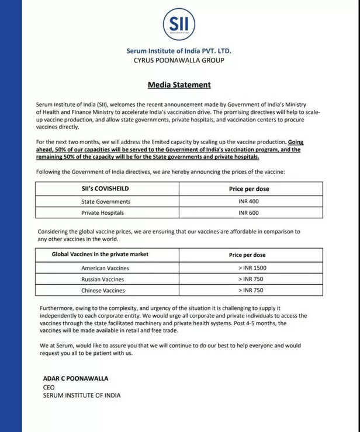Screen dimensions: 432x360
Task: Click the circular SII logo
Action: pyautogui.click(x=179, y=25)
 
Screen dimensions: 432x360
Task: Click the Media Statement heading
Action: pyautogui.click(x=179, y=85)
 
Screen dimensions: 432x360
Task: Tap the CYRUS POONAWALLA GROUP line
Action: pyautogui.click(x=179, y=60)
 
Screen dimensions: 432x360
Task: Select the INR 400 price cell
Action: pyautogui.click(x=248, y=201)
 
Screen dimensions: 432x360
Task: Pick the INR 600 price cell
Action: pyautogui.click(x=248, y=213)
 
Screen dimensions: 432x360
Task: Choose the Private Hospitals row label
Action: pyautogui.click(x=102, y=213)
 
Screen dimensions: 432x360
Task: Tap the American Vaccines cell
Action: pyautogui.click(x=105, y=268)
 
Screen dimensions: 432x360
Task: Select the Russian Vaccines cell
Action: pyautogui.click(x=105, y=279)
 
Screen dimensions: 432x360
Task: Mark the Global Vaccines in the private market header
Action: pyautogui.click(x=100, y=255)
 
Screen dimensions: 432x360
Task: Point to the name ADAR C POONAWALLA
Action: pyautogui.click(x=75, y=378)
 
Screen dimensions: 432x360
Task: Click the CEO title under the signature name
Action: pyautogui.click(x=49, y=386)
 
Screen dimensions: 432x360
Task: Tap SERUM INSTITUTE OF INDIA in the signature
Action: pyautogui.click(x=82, y=395)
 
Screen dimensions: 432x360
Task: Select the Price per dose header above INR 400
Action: pyautogui.click(x=248, y=189)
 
